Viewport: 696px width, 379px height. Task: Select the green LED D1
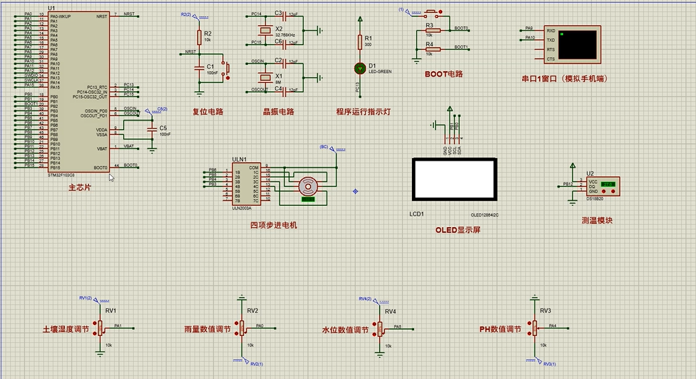[359, 68]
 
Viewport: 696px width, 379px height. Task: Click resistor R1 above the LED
[359, 42]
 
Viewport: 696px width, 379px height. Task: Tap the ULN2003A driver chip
[246, 185]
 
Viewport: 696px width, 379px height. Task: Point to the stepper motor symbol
[307, 186]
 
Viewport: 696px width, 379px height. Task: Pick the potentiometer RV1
[100, 328]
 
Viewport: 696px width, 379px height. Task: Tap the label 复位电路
[208, 112]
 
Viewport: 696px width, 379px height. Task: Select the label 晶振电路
[279, 112]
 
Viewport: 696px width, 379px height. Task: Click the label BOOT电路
[443, 73]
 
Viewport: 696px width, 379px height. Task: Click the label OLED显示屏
[458, 230]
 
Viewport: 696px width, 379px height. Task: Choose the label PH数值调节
[500, 329]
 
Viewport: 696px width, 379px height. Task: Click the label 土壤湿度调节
[66, 330]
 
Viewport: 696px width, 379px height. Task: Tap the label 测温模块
[597, 220]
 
